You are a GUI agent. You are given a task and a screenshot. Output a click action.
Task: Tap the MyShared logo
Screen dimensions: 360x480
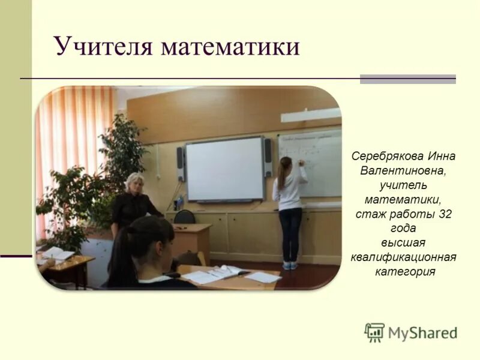point(410,332)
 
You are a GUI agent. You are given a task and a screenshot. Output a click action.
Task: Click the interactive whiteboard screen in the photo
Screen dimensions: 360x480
point(224,169)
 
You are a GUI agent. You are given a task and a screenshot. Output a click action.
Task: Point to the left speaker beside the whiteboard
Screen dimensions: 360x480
point(180,163)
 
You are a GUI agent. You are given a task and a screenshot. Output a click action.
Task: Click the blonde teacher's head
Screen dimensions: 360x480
point(134,183)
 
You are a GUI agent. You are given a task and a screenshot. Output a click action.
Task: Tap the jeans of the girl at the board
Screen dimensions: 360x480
point(290,234)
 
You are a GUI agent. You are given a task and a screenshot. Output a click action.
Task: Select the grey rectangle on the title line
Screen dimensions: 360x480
point(407,79)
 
